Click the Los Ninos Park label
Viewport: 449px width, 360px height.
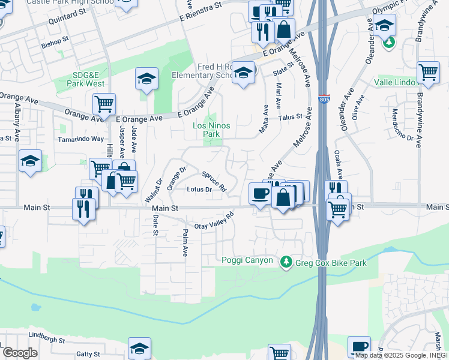click(206, 130)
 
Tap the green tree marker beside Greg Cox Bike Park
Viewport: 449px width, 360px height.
click(286, 262)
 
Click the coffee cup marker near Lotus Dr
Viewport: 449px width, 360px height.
click(260, 193)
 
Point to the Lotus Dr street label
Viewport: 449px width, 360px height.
click(200, 190)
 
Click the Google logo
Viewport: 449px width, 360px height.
click(19, 353)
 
